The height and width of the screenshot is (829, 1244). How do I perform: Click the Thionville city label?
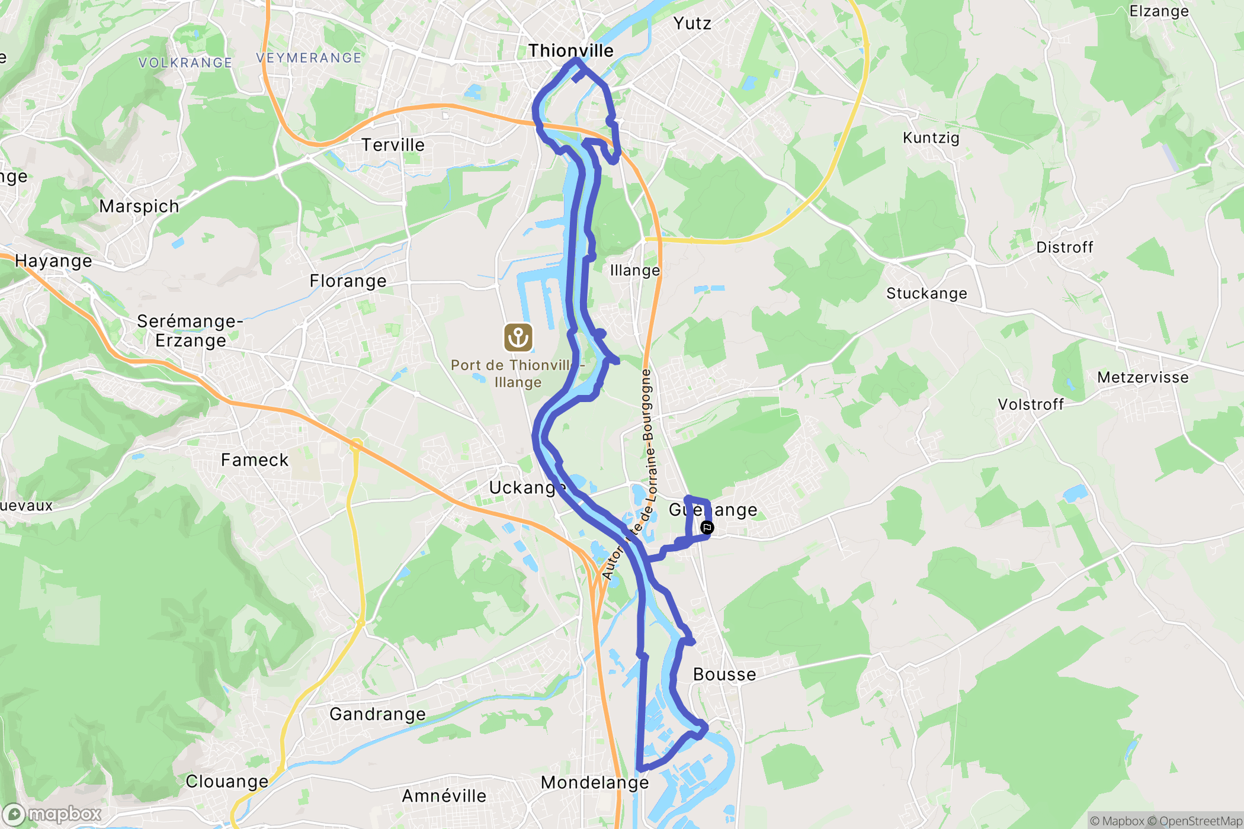(570, 51)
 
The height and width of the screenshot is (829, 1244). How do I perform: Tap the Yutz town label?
(692, 24)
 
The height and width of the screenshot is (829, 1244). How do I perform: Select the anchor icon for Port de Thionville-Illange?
(518, 338)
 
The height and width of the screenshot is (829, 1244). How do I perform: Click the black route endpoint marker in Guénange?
(707, 528)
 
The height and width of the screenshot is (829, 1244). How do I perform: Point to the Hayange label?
(53, 261)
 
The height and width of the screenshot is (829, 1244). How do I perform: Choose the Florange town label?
(348, 281)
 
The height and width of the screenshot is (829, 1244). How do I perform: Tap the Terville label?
(393, 145)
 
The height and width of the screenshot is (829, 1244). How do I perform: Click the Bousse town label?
(724, 674)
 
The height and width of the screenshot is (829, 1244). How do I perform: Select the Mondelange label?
(595, 783)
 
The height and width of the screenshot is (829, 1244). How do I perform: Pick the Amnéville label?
(444, 796)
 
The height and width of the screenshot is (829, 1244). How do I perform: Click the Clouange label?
(227, 782)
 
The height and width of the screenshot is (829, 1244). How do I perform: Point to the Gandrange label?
(377, 714)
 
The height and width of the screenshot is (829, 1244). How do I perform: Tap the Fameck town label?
(254, 460)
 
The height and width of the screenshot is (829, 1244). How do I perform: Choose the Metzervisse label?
(1143, 378)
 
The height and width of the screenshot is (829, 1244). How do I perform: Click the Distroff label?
(1065, 248)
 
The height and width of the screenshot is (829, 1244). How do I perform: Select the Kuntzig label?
(931, 138)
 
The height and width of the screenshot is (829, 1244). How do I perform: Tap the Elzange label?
(1159, 12)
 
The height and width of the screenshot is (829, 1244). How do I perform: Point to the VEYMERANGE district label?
(309, 58)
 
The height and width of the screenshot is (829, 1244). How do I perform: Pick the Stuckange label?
(926, 294)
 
